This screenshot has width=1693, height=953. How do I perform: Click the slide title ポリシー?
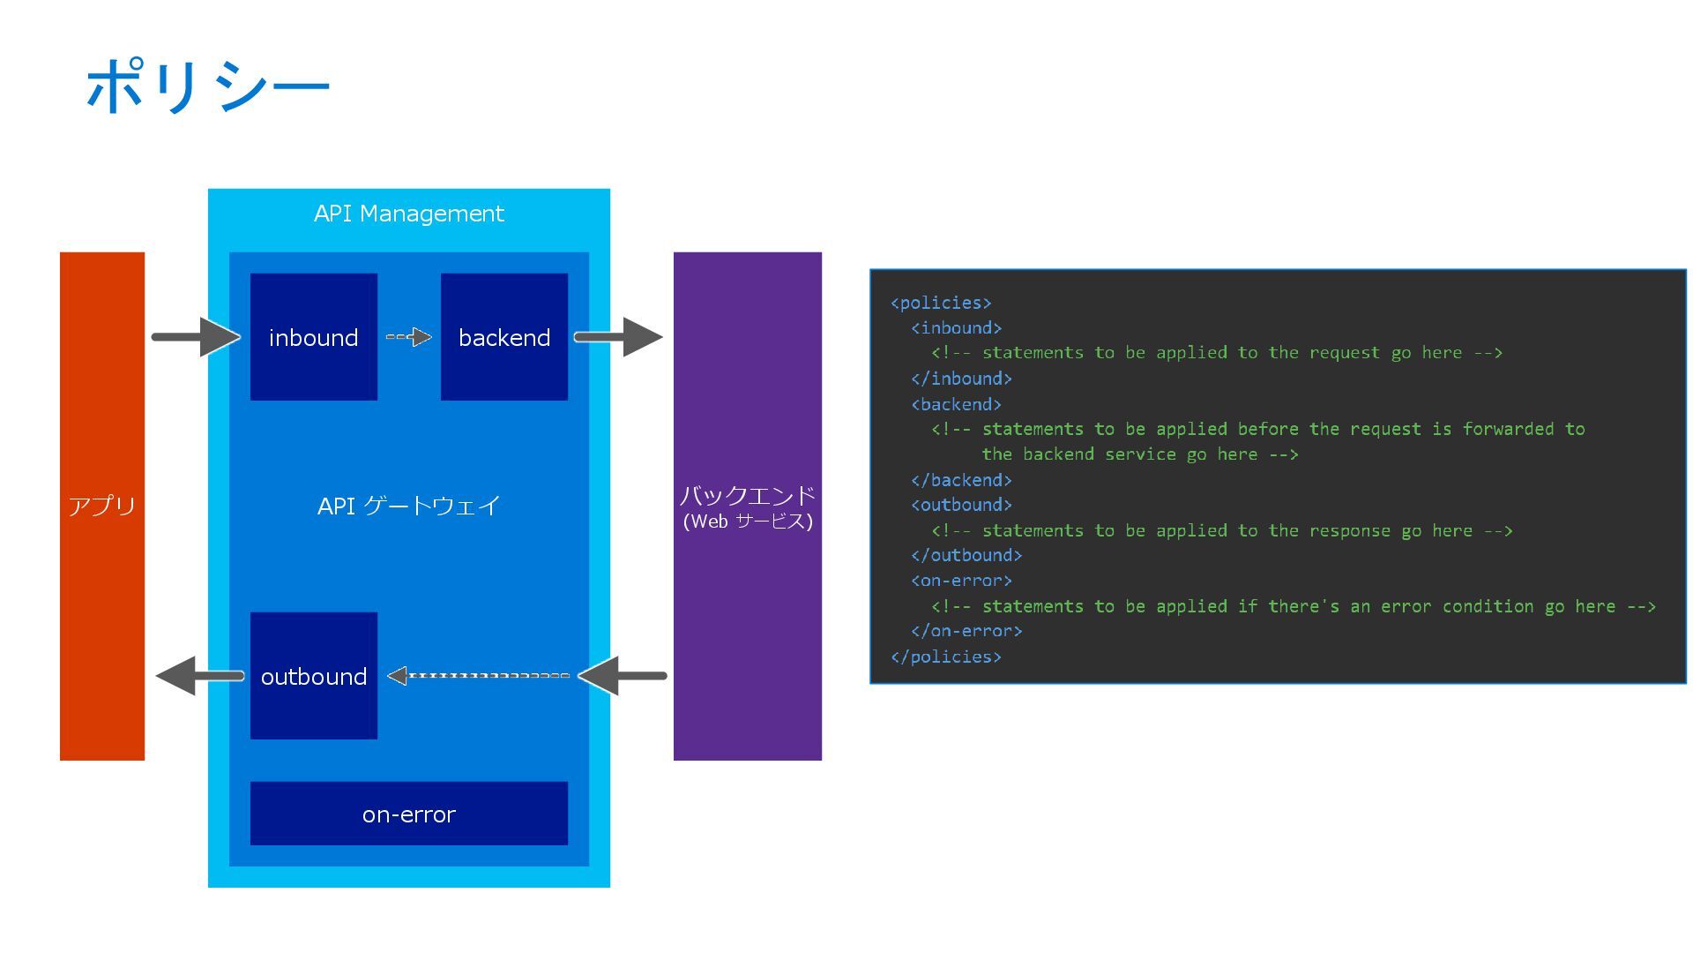click(x=208, y=86)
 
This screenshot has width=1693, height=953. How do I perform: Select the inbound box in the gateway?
click(x=314, y=337)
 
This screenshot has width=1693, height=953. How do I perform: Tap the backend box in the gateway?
click(x=504, y=337)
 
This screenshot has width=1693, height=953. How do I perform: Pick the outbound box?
click(x=314, y=676)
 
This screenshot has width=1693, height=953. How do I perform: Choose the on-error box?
click(x=409, y=814)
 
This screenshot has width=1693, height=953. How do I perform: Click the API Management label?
click(x=409, y=214)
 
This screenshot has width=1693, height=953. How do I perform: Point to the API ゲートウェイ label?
click(x=409, y=506)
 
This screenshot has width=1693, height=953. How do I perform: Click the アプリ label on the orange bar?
click(x=102, y=506)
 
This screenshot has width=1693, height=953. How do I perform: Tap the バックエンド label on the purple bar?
click(x=748, y=495)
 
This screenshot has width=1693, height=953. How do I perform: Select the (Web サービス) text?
click(x=748, y=522)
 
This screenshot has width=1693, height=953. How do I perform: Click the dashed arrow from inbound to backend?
click(x=409, y=337)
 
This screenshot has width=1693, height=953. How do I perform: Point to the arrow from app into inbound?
click(x=197, y=337)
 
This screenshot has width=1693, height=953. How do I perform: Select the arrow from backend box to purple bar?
click(x=618, y=337)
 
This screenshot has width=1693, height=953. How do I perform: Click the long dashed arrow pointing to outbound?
click(x=479, y=676)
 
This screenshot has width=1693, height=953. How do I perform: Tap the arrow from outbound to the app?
click(x=200, y=676)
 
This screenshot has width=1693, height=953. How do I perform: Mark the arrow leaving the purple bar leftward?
click(x=623, y=676)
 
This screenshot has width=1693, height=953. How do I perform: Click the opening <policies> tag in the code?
click(x=941, y=303)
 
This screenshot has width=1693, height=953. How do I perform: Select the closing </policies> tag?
click(x=946, y=657)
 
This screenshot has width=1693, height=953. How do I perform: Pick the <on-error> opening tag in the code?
click(x=961, y=581)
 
